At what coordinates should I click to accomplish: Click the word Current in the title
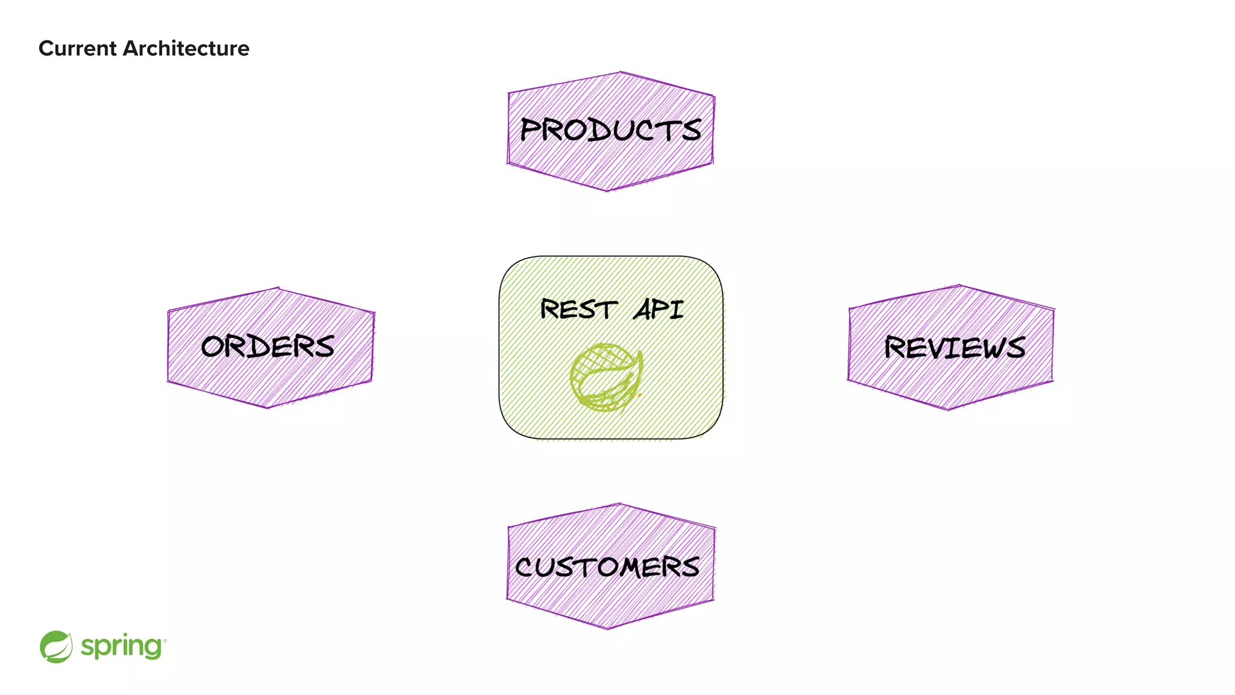coord(77,48)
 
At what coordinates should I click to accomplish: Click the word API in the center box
coord(659,309)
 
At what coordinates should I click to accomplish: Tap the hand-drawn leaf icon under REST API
coord(606,378)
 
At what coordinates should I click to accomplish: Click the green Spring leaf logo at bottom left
coord(56,647)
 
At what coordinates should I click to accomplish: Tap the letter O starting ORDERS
coord(214,347)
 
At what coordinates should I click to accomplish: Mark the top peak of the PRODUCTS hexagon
coord(620,73)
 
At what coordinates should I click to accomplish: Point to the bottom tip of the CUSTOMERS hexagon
coord(608,628)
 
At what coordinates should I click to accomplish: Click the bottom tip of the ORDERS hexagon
coord(268,407)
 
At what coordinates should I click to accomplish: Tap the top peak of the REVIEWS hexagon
coord(959,286)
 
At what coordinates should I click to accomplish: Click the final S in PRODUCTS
coord(691,130)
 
